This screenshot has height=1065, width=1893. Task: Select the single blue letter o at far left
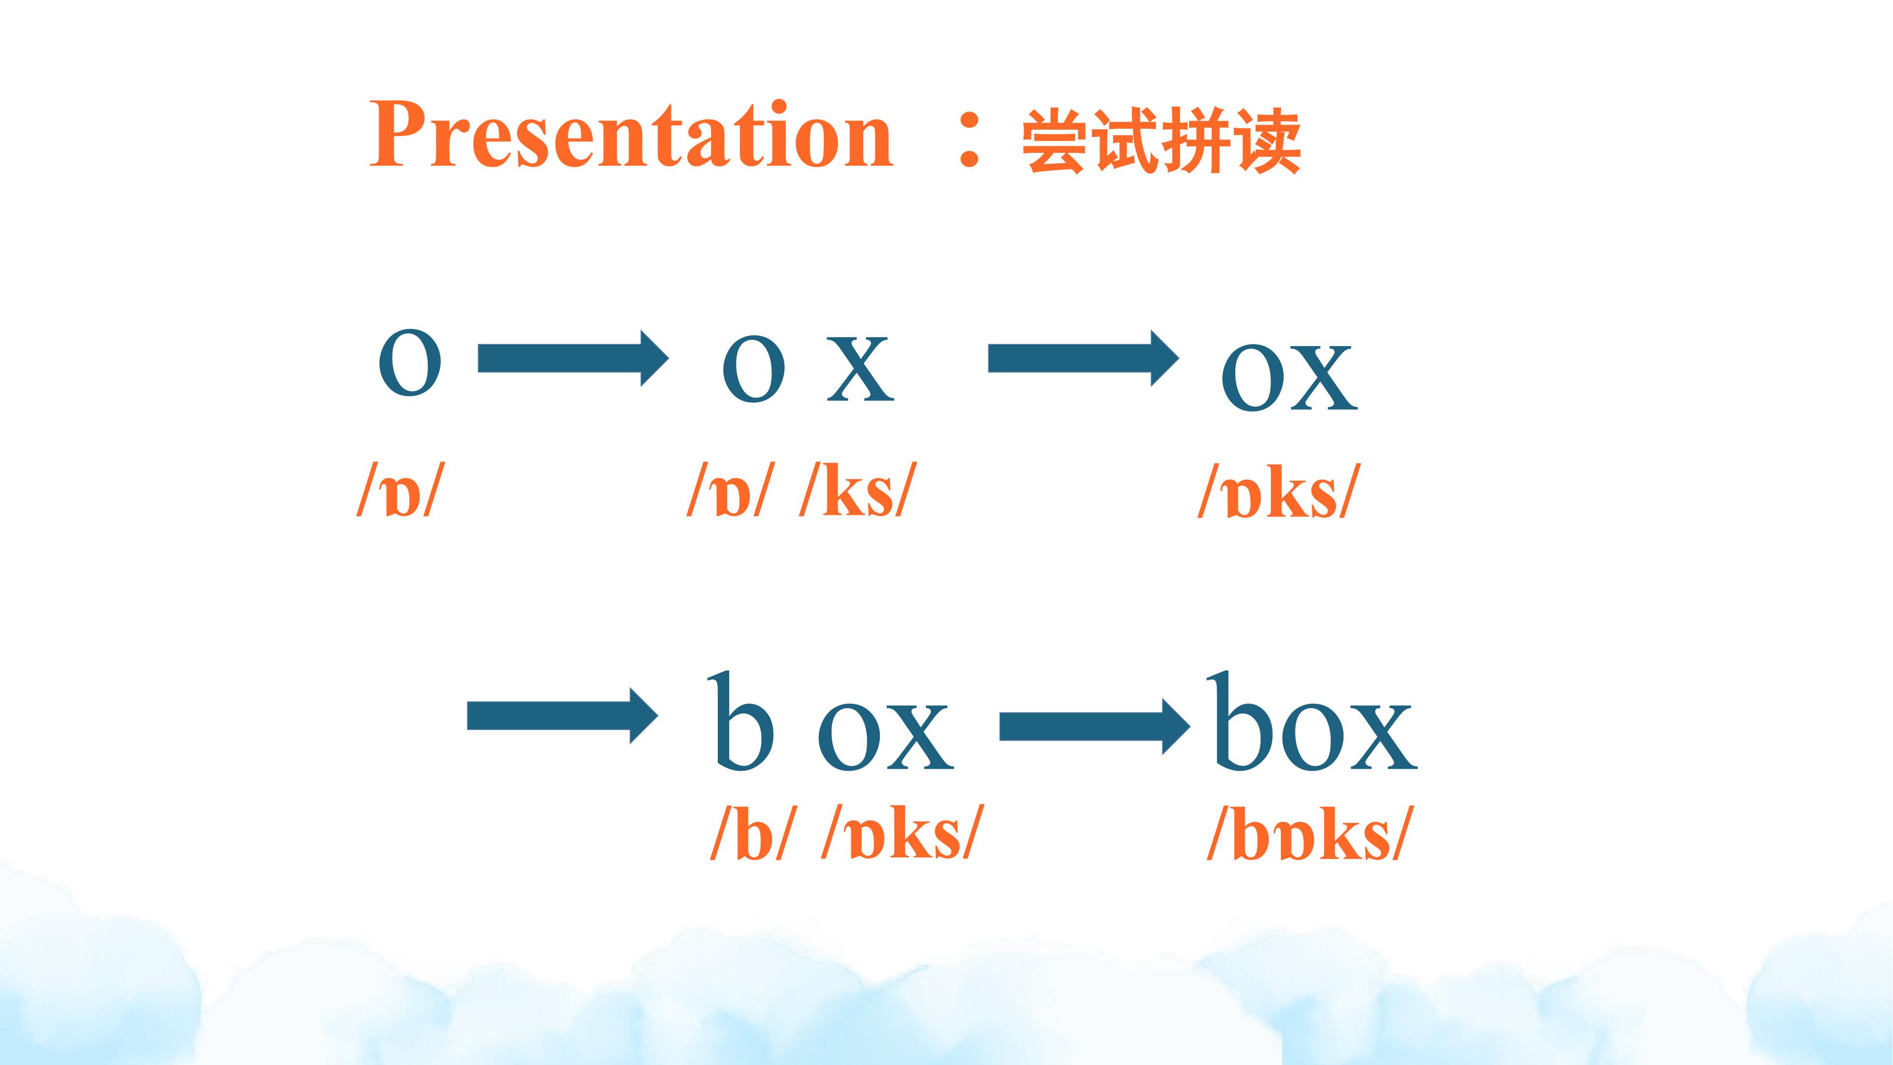(410, 362)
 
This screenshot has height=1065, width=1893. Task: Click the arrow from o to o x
(573, 358)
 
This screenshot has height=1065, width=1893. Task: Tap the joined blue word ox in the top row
(1290, 378)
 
